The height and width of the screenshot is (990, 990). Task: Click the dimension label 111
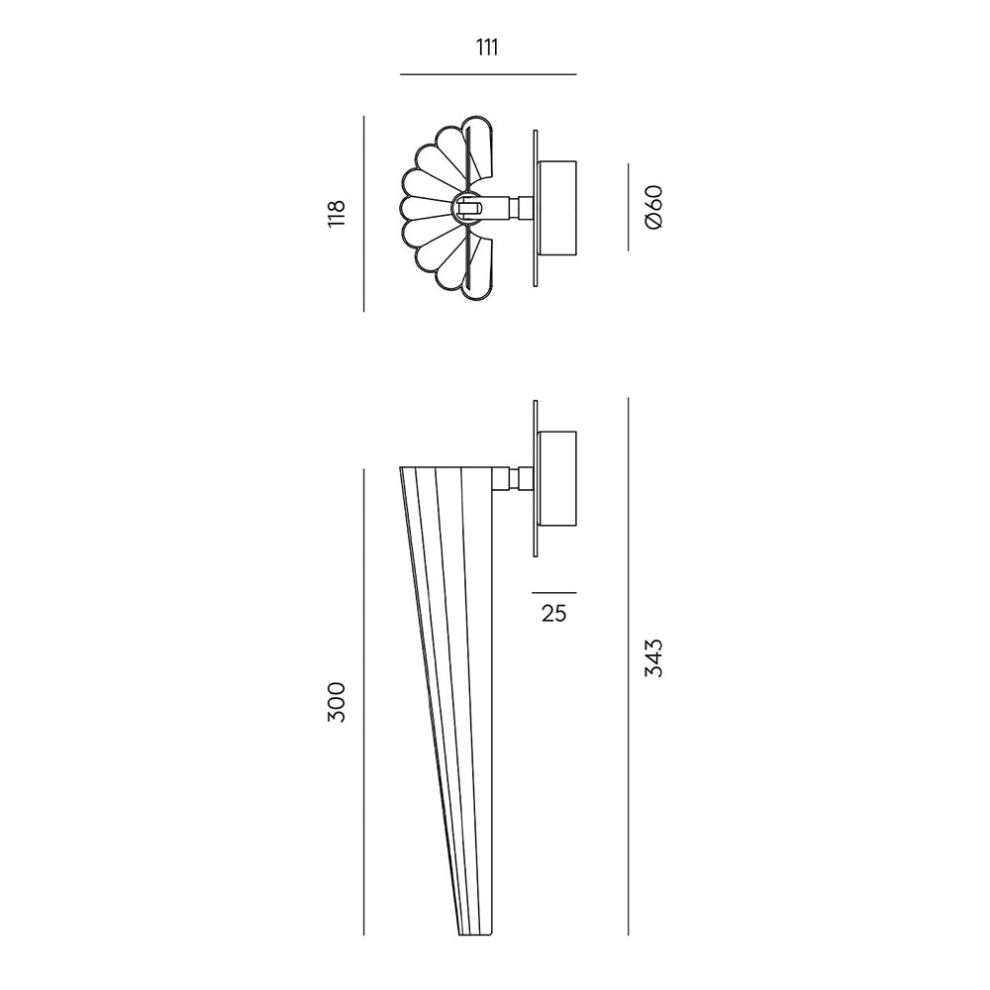[x=487, y=48]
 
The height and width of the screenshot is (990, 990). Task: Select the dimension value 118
[x=337, y=214]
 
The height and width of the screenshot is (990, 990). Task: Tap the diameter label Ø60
[x=654, y=207]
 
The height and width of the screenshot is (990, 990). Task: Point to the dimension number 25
[x=553, y=613]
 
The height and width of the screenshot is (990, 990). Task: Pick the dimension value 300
[x=337, y=702]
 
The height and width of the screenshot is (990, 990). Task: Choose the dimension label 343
[x=654, y=658]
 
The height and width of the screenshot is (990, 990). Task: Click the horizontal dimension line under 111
[x=488, y=74]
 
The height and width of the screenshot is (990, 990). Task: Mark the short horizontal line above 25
[x=553, y=593]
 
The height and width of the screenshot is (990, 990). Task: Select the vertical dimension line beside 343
[x=629, y=666]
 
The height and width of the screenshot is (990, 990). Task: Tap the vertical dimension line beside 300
[x=363, y=702]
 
